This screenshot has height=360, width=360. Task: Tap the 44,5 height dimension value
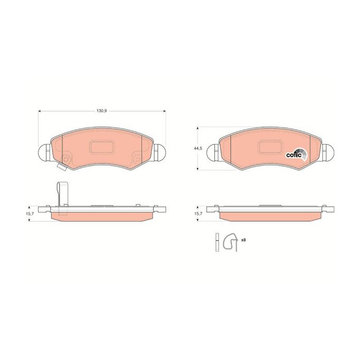click(x=196, y=148)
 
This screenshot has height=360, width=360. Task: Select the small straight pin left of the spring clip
click(x=218, y=241)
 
